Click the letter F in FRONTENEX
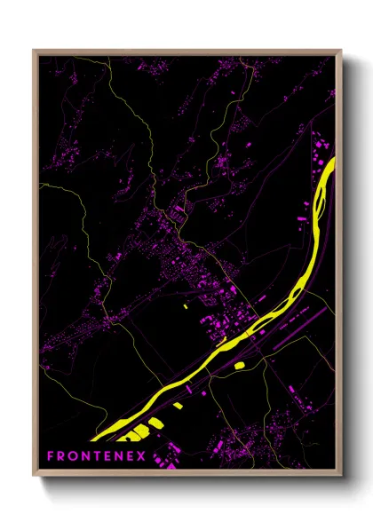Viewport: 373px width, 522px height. [x=51, y=456]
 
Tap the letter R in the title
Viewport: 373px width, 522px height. [x=62, y=456]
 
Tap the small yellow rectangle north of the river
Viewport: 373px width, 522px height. [x=186, y=306]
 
